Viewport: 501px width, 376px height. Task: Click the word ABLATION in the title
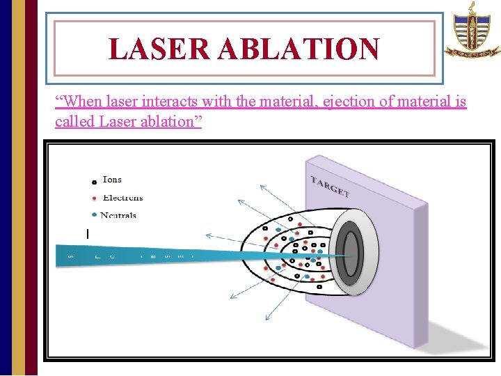click(x=300, y=49)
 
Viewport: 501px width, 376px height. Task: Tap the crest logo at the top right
click(x=472, y=31)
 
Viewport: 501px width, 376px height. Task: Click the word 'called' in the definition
click(x=75, y=121)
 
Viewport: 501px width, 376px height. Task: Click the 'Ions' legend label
click(x=112, y=180)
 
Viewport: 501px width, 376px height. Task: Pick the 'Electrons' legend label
click(x=122, y=198)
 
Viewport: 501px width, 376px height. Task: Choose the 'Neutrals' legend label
click(x=118, y=215)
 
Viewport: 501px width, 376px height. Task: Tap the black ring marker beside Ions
click(x=94, y=182)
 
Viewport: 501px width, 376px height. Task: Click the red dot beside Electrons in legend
click(x=94, y=198)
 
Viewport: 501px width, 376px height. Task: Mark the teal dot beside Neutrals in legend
click(x=94, y=214)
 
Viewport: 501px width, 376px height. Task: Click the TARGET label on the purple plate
click(x=329, y=187)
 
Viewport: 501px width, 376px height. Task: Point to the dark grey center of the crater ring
click(x=351, y=253)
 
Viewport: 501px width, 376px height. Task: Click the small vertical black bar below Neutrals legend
click(x=88, y=234)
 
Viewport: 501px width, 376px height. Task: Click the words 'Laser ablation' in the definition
click(x=150, y=121)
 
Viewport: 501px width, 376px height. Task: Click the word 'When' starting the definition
click(x=79, y=102)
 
